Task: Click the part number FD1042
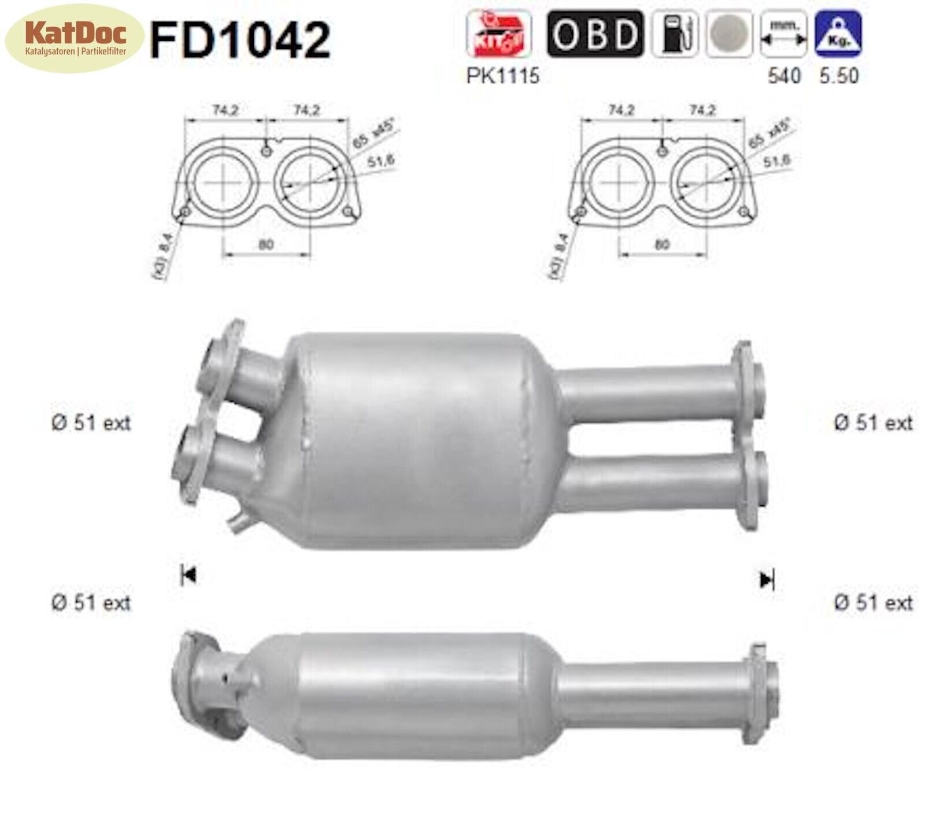click(x=240, y=39)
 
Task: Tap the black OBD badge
click(x=594, y=34)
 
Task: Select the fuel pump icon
click(x=675, y=34)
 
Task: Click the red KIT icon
click(x=498, y=34)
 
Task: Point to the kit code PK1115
click(x=502, y=76)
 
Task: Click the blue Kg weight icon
click(x=838, y=34)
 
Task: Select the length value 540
click(x=784, y=76)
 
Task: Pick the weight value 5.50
click(x=838, y=76)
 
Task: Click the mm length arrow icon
click(x=783, y=34)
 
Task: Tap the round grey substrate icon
click(x=730, y=34)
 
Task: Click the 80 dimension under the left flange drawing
click(x=265, y=244)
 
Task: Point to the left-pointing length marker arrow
click(x=188, y=575)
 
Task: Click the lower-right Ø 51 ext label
click(x=873, y=603)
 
